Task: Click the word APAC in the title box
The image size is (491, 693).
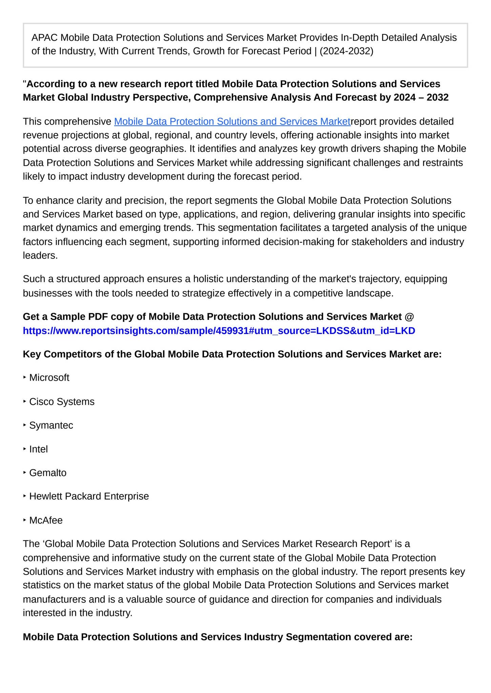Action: point(44,38)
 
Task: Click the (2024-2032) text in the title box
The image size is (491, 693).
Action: point(346,51)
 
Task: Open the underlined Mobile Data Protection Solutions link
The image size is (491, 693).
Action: point(232,121)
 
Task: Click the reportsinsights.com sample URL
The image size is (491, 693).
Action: point(219,331)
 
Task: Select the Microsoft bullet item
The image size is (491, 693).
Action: point(49,378)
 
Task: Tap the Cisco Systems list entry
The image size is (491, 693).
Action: point(62,402)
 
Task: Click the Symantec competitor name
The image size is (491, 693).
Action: point(51,425)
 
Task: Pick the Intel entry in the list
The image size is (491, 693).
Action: point(38,449)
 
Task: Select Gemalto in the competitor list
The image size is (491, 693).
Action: point(48,473)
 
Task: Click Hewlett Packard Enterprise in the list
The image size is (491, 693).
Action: point(89,496)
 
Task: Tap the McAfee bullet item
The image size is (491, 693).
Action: point(46,520)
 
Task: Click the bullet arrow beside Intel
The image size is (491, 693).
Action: point(25,449)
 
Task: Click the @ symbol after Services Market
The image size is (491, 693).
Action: point(409,317)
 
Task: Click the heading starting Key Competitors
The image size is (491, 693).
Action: point(232,354)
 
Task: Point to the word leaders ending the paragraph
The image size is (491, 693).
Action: point(40,255)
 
